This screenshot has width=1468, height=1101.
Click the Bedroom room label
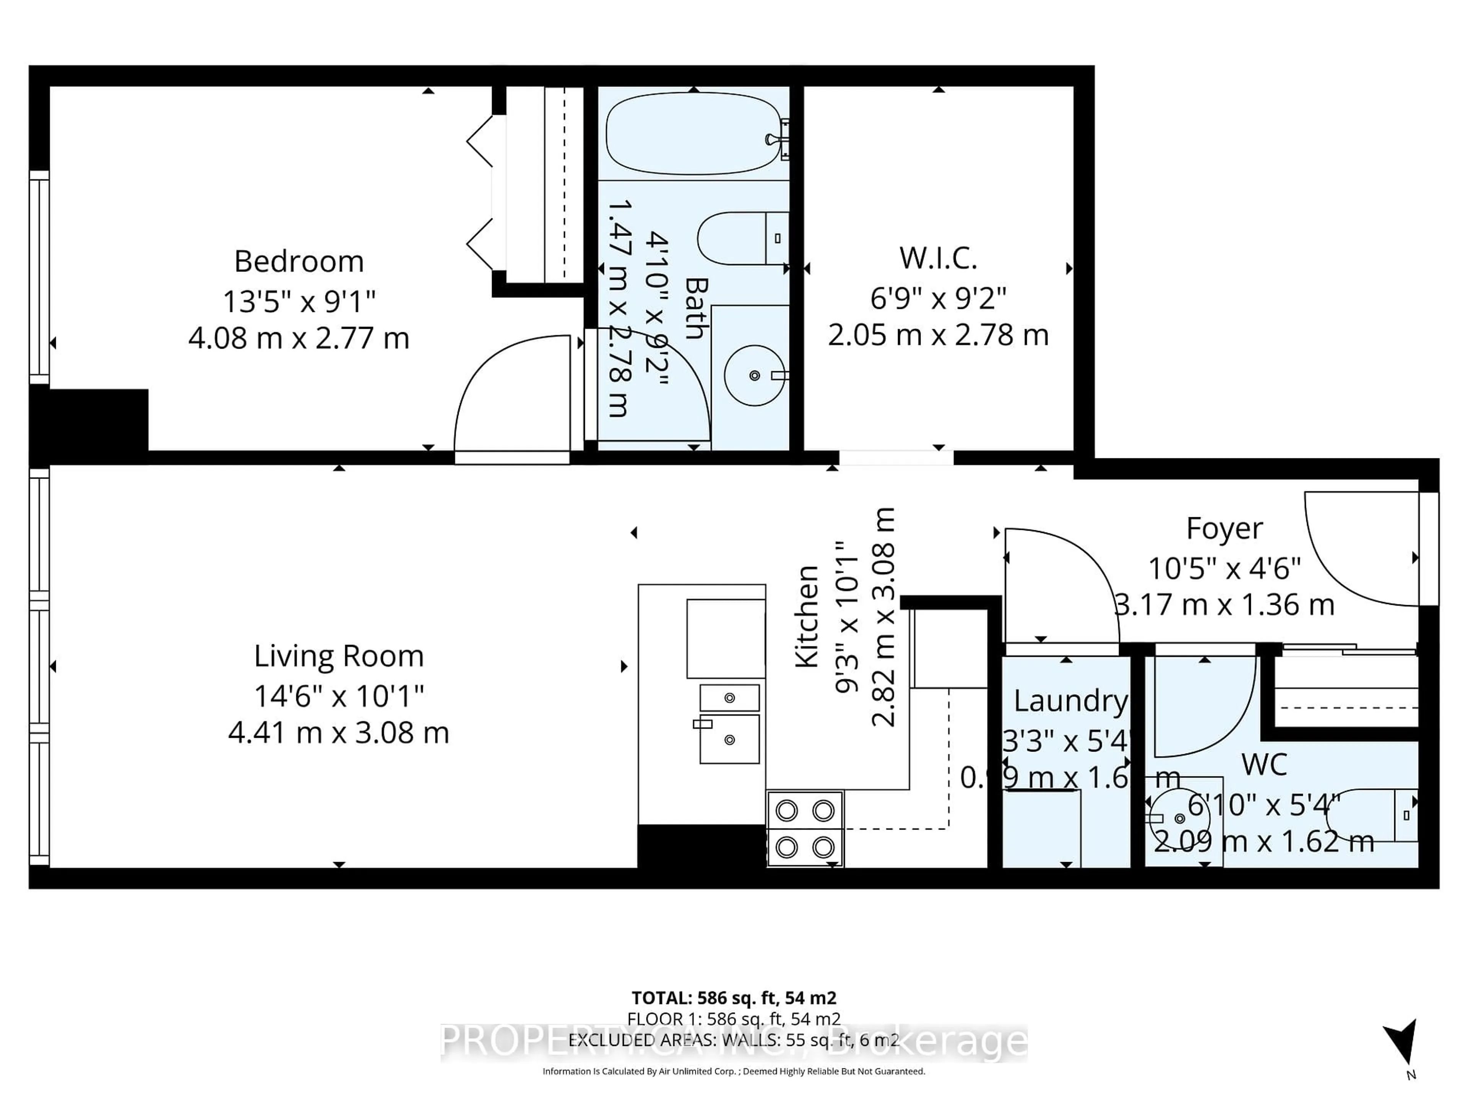pyautogui.click(x=299, y=261)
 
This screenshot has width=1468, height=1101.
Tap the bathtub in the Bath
pyautogui.click(x=693, y=133)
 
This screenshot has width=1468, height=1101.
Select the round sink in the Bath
pyautogui.click(x=754, y=376)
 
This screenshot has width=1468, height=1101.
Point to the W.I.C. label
pyautogui.click(x=938, y=258)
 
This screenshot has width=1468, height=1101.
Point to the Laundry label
pyautogui.click(x=1070, y=701)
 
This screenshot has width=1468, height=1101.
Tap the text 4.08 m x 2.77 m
pyautogui.click(x=299, y=338)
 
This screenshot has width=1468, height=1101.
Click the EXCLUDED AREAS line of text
pyautogui.click(x=733, y=1040)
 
